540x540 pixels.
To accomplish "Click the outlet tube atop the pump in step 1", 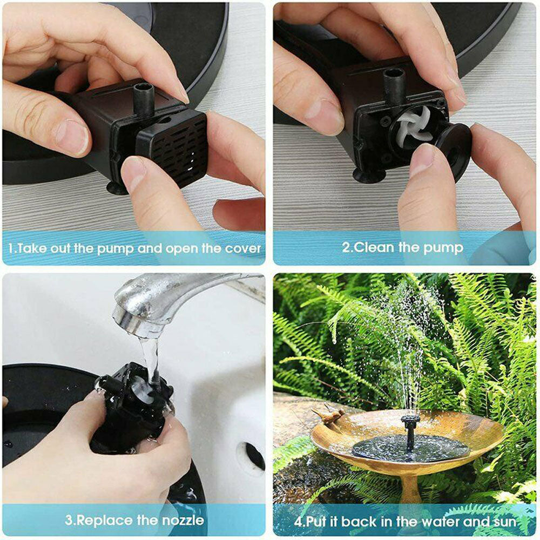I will pyautogui.click(x=144, y=98).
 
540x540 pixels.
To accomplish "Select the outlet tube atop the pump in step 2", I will pyautogui.click(x=394, y=86).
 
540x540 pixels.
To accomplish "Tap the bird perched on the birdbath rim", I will pyautogui.click(x=328, y=415).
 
